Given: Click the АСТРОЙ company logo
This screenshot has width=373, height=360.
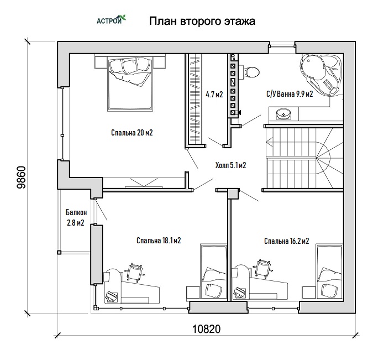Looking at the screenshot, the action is (x=111, y=20).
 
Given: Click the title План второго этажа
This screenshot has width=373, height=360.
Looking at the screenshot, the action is (x=202, y=21).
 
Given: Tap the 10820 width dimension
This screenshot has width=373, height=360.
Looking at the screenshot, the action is (x=206, y=329).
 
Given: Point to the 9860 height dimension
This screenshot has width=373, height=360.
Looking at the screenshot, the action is (x=21, y=177).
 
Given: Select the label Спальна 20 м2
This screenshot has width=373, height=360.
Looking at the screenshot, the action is (x=132, y=133).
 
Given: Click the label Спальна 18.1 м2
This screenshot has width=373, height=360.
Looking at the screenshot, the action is (x=159, y=241).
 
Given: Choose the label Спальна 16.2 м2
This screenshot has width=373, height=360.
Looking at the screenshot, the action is (x=287, y=241).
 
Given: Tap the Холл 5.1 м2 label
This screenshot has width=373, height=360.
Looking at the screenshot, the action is (x=230, y=165).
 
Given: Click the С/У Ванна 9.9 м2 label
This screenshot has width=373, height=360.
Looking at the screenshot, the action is (x=290, y=94).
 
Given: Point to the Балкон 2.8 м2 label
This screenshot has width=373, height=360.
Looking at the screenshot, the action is (x=76, y=217).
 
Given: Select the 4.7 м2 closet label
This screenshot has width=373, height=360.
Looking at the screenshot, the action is (x=214, y=95).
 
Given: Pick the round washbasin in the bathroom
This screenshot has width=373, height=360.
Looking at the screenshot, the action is (x=283, y=114).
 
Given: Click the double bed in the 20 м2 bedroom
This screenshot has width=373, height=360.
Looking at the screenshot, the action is (x=130, y=84).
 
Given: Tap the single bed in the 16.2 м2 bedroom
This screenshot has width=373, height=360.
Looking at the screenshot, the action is (x=329, y=272).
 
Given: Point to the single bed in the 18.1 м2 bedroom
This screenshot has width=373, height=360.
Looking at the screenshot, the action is (x=213, y=272).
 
